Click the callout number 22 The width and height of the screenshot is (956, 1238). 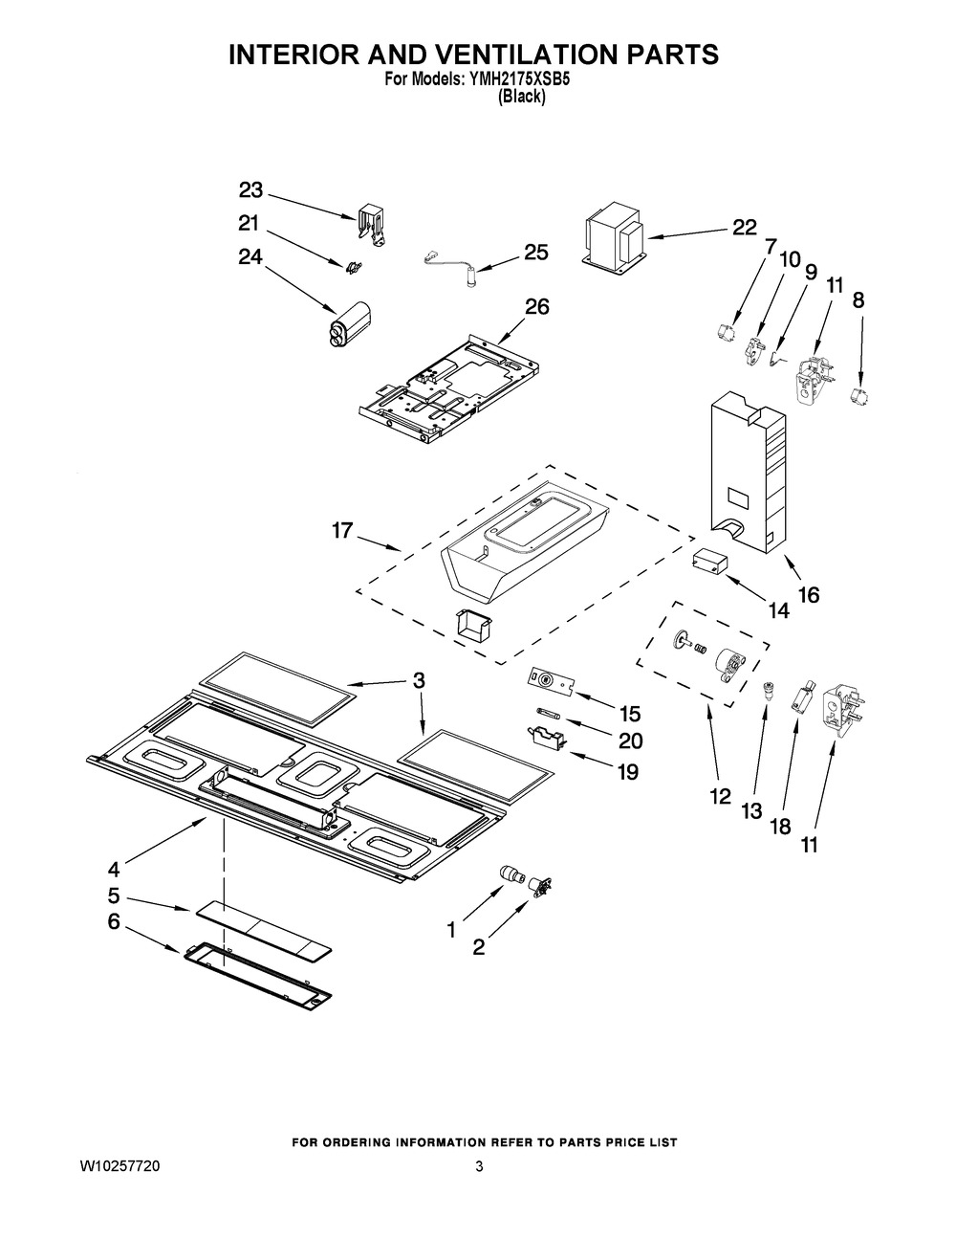[744, 228]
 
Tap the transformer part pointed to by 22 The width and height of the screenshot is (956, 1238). [614, 234]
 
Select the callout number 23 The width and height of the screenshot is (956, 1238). [250, 189]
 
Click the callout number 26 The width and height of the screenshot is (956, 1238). [536, 307]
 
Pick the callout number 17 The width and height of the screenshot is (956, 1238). [342, 530]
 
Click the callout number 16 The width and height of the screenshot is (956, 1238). [809, 595]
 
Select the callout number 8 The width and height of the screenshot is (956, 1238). [858, 300]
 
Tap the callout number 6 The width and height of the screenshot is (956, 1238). [114, 922]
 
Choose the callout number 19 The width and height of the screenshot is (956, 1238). [628, 772]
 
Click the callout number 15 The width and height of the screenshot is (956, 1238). [629, 714]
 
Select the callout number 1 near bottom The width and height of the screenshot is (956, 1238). [451, 930]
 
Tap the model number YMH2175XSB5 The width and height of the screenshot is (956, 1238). [518, 80]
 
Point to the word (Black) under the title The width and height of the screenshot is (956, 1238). [522, 98]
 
